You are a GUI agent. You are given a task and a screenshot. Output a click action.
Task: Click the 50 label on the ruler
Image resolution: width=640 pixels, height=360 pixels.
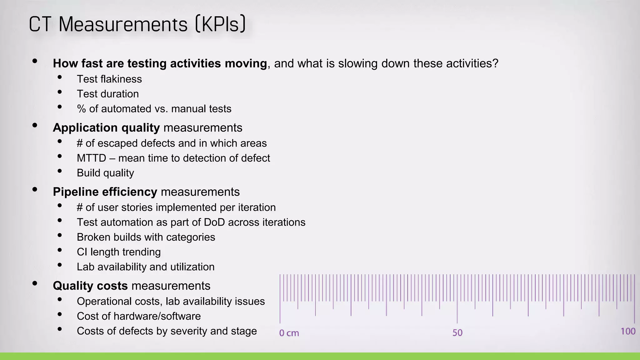tap(457, 332)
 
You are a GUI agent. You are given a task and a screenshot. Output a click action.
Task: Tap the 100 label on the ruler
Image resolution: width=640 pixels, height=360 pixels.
tap(628, 331)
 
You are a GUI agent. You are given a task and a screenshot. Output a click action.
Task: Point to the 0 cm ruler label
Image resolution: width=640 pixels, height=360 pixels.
tap(289, 333)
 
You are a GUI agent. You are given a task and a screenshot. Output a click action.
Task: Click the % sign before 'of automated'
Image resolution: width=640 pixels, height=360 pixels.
tap(81, 109)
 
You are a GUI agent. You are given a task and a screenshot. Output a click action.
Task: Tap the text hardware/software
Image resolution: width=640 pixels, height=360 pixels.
tap(157, 316)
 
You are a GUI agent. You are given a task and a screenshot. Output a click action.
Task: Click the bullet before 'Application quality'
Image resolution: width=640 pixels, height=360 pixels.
tap(35, 126)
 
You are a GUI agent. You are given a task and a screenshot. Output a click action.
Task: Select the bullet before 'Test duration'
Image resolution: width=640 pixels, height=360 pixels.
tap(60, 92)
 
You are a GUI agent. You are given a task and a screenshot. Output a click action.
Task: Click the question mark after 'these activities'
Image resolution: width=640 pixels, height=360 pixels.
tap(495, 63)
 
